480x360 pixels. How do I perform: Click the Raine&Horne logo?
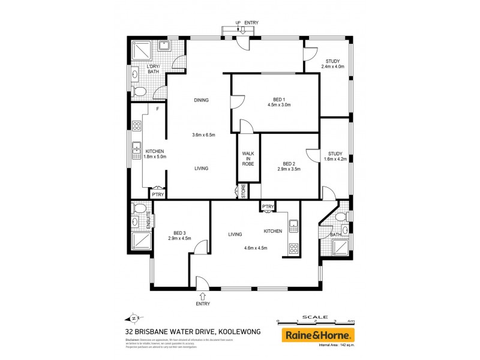coord(319,335)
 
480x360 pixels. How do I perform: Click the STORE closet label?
coord(244,191)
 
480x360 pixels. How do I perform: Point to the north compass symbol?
coord(134,318)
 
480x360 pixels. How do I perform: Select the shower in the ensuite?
coord(140,242)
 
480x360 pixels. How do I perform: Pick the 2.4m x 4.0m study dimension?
coord(333,67)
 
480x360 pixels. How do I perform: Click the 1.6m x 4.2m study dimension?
coord(335,159)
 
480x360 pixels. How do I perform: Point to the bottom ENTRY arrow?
coord(203,295)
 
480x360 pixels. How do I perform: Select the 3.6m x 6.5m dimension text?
coord(203,134)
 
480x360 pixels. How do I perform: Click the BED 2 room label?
coord(289,163)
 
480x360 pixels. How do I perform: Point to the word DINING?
coord(201,100)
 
